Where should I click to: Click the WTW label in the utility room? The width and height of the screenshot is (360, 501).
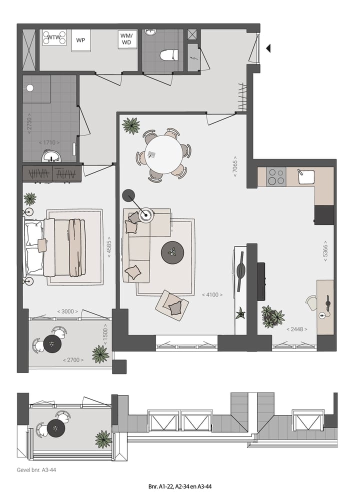point(53,37)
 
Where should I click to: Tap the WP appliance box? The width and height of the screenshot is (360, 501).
point(80,40)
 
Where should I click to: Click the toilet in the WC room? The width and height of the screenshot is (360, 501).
point(168,54)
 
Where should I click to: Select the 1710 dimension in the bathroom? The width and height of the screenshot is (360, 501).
point(48,143)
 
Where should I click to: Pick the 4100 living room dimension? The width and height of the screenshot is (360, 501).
point(212,295)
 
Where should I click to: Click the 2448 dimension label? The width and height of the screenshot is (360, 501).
point(296,329)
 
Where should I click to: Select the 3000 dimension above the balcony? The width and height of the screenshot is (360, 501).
point(67,311)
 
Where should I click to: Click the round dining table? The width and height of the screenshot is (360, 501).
point(163,153)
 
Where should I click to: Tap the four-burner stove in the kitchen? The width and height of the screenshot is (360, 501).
point(276,176)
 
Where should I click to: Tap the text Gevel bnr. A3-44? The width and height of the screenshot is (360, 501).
point(39,470)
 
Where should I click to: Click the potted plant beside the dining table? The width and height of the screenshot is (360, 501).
point(131,125)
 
